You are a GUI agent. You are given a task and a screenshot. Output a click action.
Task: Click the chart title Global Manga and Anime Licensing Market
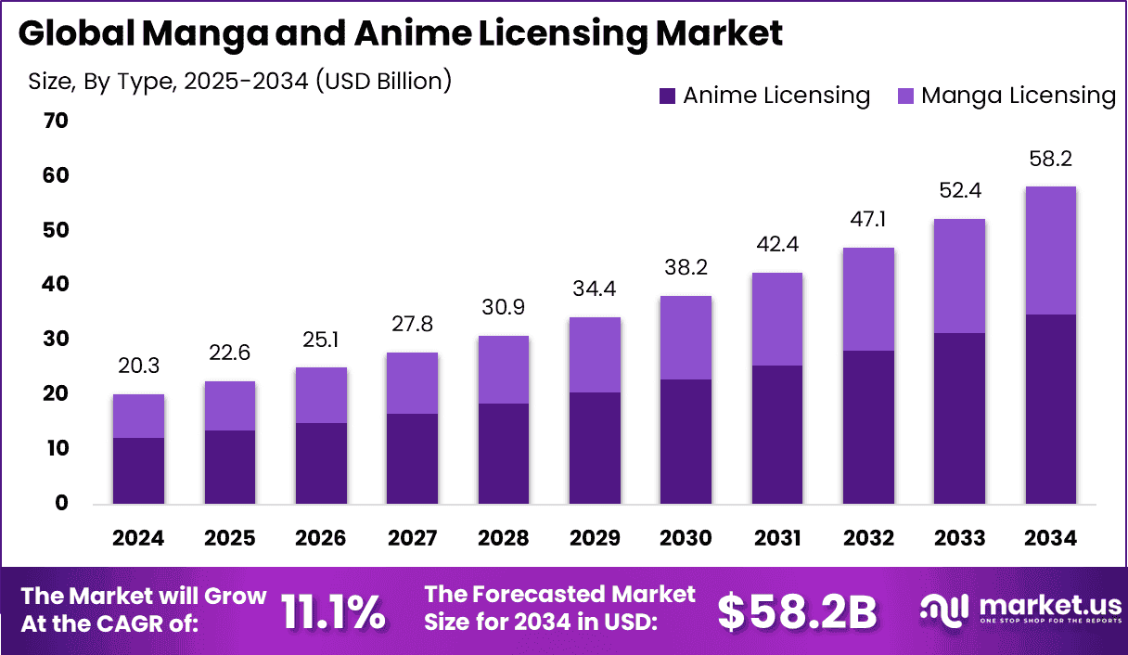click(x=400, y=34)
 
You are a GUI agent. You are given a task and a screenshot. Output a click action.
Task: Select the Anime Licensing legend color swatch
click(x=667, y=96)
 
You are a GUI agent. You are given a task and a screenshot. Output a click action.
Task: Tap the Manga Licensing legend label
click(x=1018, y=96)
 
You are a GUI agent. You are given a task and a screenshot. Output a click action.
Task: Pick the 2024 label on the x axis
click(x=138, y=539)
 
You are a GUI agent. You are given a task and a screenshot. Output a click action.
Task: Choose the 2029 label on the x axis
click(x=595, y=539)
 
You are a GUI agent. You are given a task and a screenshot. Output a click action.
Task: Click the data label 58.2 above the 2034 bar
click(x=1051, y=160)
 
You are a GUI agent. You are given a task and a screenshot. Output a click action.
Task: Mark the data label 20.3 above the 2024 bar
click(x=138, y=367)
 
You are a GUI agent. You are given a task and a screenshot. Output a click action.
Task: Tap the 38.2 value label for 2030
click(x=686, y=269)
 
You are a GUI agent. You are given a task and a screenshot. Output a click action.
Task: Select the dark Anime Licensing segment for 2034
click(x=1051, y=409)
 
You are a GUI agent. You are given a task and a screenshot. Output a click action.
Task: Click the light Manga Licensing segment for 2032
click(x=868, y=299)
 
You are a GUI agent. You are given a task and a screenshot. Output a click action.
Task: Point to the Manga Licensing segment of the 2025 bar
click(x=230, y=405)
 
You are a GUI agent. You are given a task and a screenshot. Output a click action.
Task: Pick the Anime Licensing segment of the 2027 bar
click(x=412, y=458)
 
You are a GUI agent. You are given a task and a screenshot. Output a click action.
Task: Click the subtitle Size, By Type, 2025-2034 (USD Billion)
click(x=239, y=81)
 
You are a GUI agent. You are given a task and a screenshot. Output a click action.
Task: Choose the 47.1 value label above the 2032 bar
click(x=868, y=221)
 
